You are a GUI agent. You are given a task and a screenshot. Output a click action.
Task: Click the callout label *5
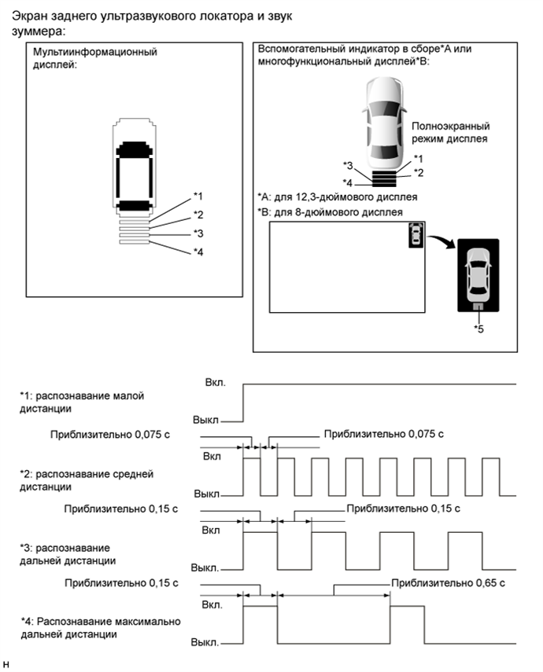pyautogui.click(x=479, y=328)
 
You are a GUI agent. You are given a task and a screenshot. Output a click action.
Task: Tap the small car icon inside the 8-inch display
pyautogui.click(x=416, y=234)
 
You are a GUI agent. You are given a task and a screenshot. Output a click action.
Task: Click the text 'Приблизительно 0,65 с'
pyautogui.click(x=448, y=583)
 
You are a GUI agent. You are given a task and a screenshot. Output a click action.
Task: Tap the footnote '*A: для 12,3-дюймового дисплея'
pyautogui.click(x=337, y=196)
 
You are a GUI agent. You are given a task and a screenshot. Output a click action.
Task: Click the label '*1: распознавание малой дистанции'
pyautogui.click(x=82, y=402)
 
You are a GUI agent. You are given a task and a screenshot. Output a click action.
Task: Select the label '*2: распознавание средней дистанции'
pyautogui.click(x=86, y=479)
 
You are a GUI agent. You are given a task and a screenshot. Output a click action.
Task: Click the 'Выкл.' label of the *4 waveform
pyautogui.click(x=205, y=641)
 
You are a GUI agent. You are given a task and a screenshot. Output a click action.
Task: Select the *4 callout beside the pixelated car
pyautogui.click(x=198, y=252)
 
